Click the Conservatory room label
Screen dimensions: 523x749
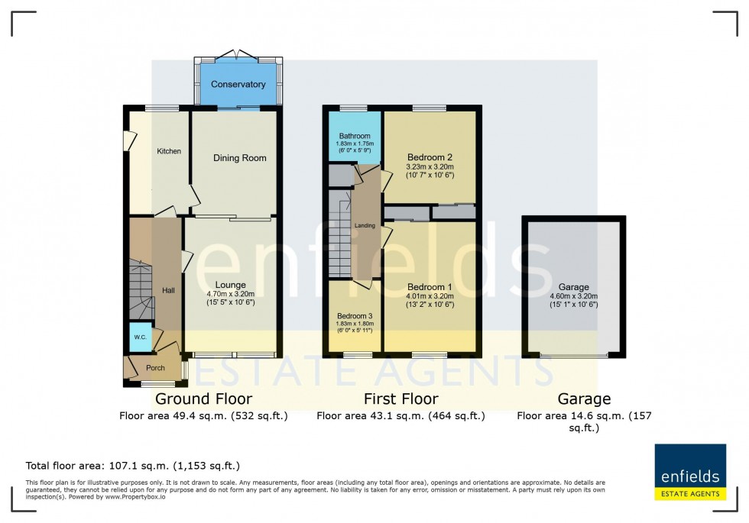pyautogui.click(x=238, y=84)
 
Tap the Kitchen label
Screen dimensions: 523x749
pyautogui.click(x=169, y=151)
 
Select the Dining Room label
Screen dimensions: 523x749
pyautogui.click(x=239, y=158)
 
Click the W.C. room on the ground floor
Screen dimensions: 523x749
pyautogui.click(x=140, y=337)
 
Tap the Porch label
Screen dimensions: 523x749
pyautogui.click(x=155, y=368)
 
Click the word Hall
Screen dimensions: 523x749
pyautogui.click(x=168, y=290)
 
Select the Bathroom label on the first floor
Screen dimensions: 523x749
pyautogui.click(x=355, y=136)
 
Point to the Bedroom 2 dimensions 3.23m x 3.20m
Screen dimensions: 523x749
pyautogui.click(x=430, y=166)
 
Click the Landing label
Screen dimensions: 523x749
pyautogui.click(x=365, y=225)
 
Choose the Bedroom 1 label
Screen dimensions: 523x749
pyautogui.click(x=430, y=286)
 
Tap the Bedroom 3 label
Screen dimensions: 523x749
pyautogui.click(x=355, y=315)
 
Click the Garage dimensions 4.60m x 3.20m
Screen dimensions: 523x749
pyautogui.click(x=573, y=296)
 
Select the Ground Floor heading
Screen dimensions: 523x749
pyautogui.click(x=203, y=399)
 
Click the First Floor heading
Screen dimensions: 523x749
pyautogui.click(x=400, y=399)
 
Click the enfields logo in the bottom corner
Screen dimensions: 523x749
pyautogui.click(x=690, y=473)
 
